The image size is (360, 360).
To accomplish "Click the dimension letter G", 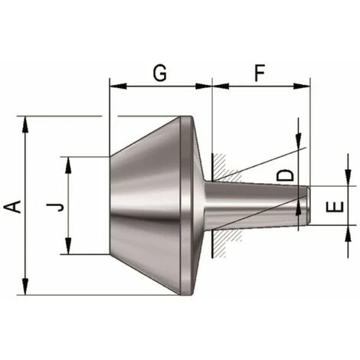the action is point(160,73).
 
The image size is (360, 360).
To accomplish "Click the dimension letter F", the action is point(260,73).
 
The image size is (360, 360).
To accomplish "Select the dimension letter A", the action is point(13,207).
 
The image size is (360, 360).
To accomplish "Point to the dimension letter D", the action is point(285,175).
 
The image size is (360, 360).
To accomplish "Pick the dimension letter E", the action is point(335,207).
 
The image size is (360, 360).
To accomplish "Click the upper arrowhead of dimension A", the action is point(25,125).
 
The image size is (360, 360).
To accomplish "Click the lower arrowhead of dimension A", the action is point(25,287).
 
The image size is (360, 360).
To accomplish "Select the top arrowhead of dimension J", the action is point(68,165).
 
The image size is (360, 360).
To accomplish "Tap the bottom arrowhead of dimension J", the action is point(68,246).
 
